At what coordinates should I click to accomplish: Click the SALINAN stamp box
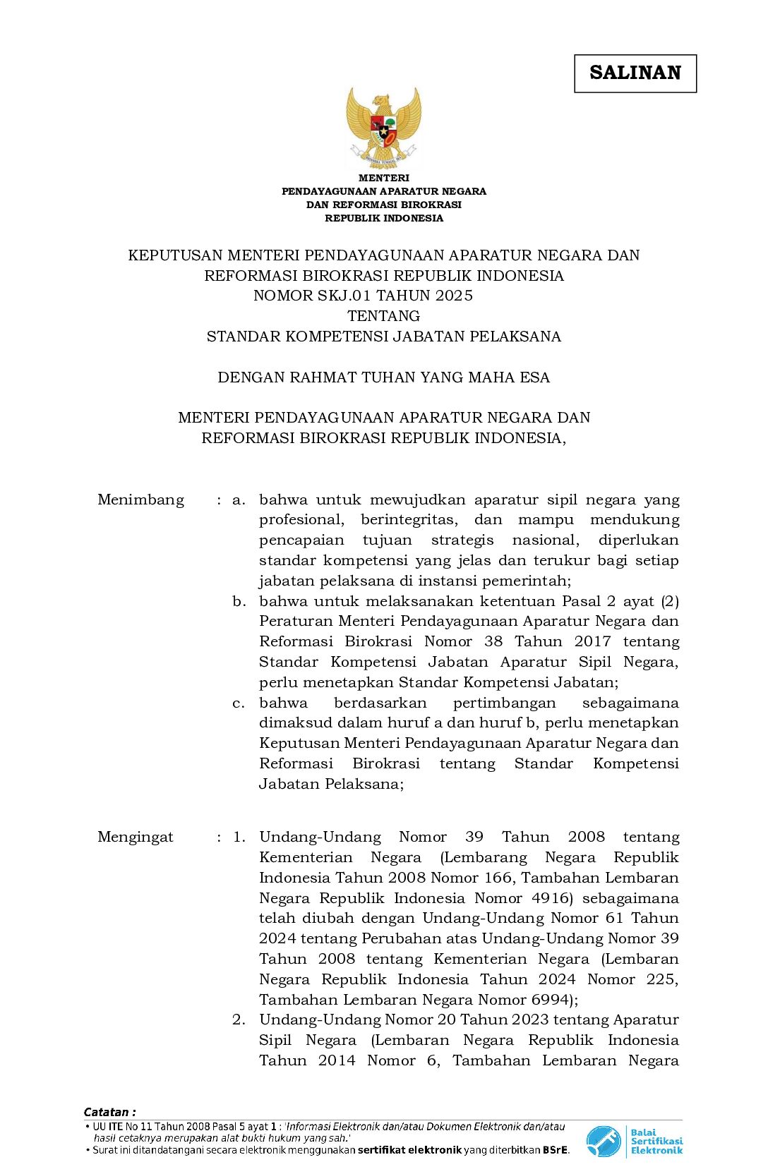pyautogui.click(x=635, y=73)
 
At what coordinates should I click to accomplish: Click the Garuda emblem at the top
pyautogui.click(x=383, y=127)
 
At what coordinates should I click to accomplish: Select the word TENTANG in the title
pyautogui.click(x=383, y=316)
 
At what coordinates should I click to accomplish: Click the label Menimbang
pyautogui.click(x=140, y=500)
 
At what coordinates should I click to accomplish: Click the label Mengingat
pyautogui.click(x=135, y=837)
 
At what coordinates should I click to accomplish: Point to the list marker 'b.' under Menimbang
pyautogui.click(x=239, y=601)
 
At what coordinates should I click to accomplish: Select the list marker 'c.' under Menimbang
pyautogui.click(x=239, y=703)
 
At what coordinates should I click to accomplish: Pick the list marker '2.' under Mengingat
pyautogui.click(x=239, y=1019)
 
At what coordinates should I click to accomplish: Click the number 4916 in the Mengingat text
pyautogui.click(x=551, y=898)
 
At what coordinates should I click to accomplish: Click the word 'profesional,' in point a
pyautogui.click(x=301, y=520)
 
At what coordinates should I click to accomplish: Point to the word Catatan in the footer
pyautogui.click(x=107, y=1112)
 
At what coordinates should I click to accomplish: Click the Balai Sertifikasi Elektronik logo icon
pyautogui.click(x=603, y=1141)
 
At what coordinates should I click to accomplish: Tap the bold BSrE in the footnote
pyautogui.click(x=555, y=1150)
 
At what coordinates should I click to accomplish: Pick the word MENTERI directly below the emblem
pyautogui.click(x=383, y=178)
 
